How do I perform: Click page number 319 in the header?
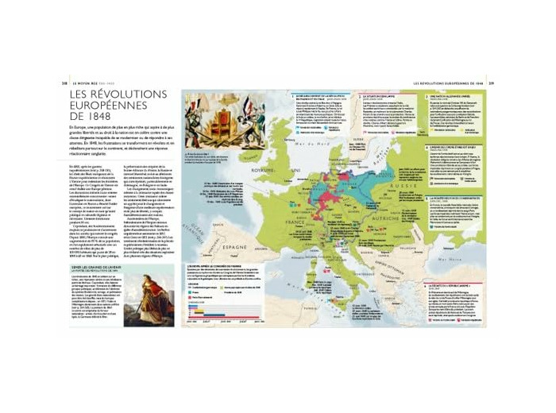[492, 81]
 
